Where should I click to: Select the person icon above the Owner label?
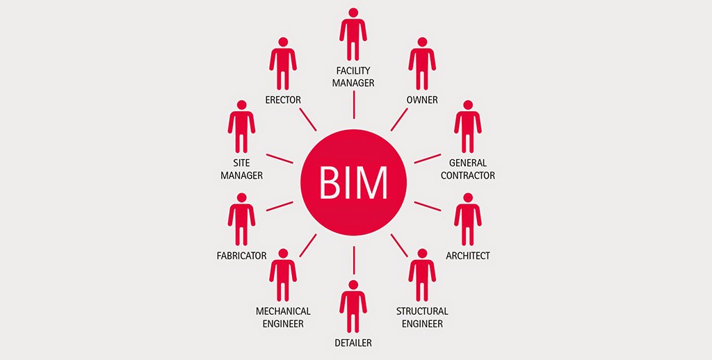click(x=422, y=65)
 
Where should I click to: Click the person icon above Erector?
click(x=283, y=65)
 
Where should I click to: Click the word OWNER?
click(x=422, y=100)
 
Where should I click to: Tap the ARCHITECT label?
click(x=468, y=256)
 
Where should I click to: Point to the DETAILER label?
click(x=353, y=343)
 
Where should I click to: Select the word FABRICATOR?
click(x=241, y=256)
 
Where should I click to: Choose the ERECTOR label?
click(x=283, y=100)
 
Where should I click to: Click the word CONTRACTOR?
click(x=468, y=176)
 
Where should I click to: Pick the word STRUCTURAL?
click(x=422, y=311)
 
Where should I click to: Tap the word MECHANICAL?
click(x=283, y=311)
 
